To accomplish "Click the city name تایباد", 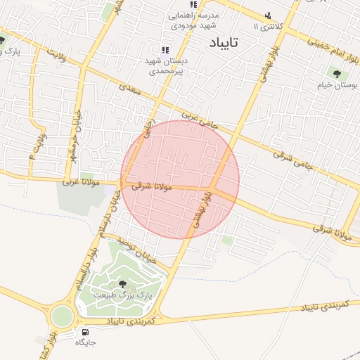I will [224, 43].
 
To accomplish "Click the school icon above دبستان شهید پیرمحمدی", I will [165, 51].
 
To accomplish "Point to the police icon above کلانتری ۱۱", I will [267, 15].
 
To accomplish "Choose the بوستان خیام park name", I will [337, 84].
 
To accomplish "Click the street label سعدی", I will [131, 91].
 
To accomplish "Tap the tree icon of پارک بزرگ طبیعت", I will [123, 284].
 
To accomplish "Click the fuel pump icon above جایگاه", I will [85, 332].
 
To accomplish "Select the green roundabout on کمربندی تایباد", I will [62, 316].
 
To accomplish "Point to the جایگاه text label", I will [86, 343].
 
